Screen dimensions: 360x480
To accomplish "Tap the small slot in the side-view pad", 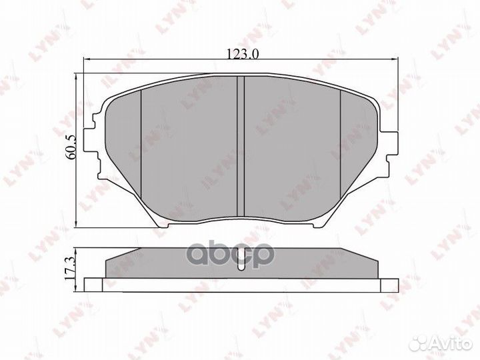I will point(242,264).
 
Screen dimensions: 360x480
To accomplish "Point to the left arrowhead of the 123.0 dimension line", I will point(85,61).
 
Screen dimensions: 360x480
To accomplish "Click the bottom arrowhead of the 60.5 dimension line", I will point(79,225).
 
